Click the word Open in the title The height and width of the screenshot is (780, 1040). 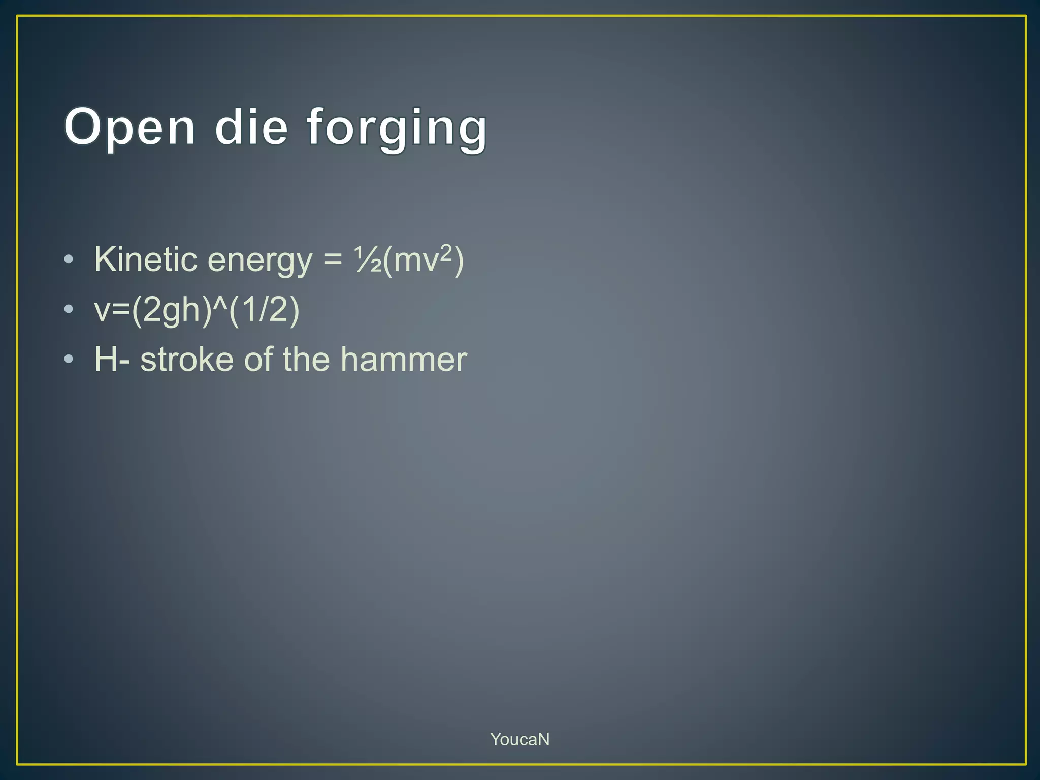129,127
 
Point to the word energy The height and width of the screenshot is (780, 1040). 260,262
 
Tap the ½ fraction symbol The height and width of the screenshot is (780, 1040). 368,260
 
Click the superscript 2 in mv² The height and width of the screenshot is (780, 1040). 446,251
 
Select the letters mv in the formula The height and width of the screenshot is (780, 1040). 415,261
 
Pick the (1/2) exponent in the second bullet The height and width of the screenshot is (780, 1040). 264,310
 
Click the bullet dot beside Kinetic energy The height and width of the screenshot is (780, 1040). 69,260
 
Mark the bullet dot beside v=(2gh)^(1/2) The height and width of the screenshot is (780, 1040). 69,310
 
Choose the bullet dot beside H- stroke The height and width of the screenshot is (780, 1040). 69,360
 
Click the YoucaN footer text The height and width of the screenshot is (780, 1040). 519,739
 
